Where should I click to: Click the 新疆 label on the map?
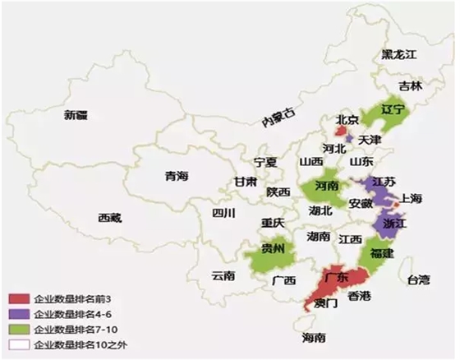point(76,116)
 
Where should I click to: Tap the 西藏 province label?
point(110,218)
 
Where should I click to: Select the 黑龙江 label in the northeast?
point(399,54)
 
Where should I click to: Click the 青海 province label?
point(177,176)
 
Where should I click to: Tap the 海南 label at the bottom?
point(313,338)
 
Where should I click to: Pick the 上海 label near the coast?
point(411,198)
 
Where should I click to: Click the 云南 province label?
point(223,275)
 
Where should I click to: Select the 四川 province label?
point(223,213)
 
